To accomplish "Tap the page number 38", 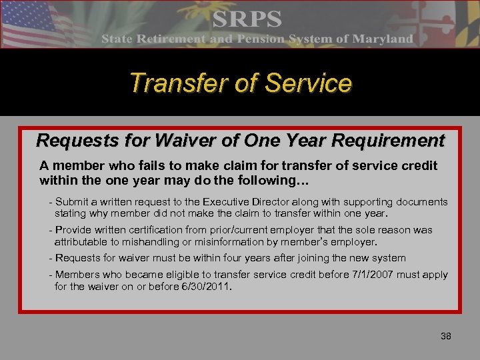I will (x=446, y=336).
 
